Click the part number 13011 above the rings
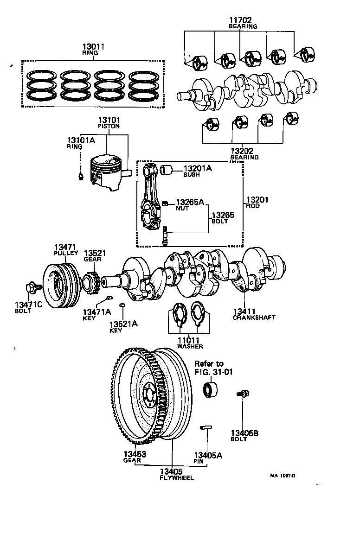pos(93,47)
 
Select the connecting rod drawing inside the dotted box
pos(151,199)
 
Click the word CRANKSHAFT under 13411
pos(254,318)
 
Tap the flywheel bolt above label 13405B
pos(243,394)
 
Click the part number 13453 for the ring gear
pos(135,455)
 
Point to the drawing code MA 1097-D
pos(283,476)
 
